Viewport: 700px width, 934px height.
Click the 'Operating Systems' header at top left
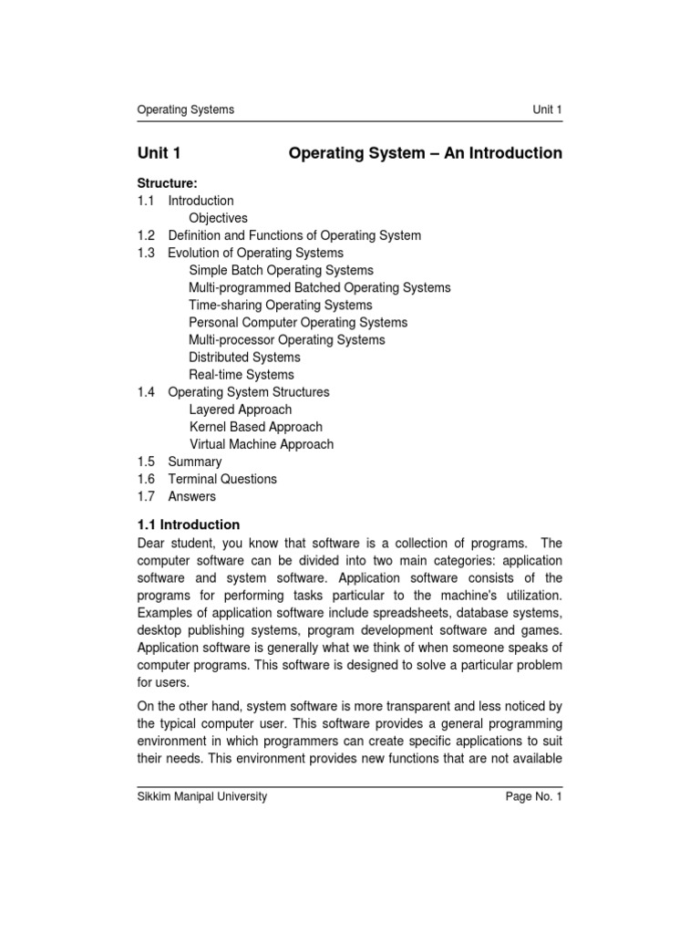[185, 109]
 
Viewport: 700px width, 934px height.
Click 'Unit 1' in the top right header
[547, 109]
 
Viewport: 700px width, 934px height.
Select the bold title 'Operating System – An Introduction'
[425, 153]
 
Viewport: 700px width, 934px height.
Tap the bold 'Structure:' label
[167, 183]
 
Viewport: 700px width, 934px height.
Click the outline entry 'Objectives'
[218, 218]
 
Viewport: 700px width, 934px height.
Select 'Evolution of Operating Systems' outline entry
[255, 253]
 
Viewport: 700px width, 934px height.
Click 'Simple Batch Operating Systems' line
[281, 270]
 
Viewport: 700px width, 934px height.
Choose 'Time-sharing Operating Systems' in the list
[280, 305]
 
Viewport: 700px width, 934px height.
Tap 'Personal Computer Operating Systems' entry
[298, 322]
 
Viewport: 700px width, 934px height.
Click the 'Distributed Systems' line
[244, 357]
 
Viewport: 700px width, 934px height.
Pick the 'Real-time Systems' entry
[241, 374]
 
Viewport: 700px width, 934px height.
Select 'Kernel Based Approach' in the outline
[255, 426]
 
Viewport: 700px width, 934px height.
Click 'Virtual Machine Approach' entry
[261, 444]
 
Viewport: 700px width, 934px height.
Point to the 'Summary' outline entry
[194, 462]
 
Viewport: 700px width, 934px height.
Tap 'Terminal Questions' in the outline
[222, 479]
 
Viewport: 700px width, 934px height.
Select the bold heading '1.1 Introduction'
[188, 524]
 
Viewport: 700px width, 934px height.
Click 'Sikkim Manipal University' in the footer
[201, 796]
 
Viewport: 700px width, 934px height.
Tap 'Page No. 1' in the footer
[534, 796]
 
